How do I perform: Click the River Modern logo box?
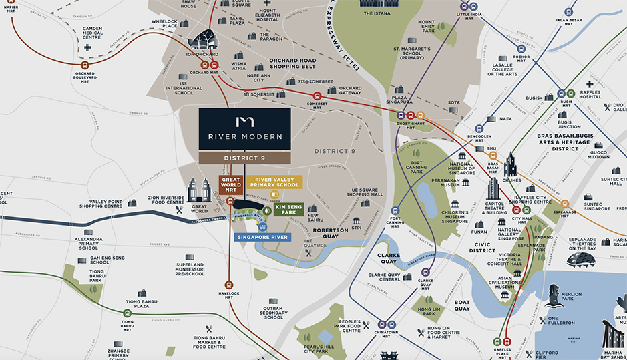point(244,129)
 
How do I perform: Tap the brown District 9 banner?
point(244,158)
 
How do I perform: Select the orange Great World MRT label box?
point(231,184)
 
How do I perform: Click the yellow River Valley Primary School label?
point(274,182)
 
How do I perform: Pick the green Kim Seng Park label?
point(288,210)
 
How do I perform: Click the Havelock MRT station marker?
point(229,283)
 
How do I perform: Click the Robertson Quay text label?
point(331,233)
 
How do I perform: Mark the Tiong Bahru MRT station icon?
point(127,312)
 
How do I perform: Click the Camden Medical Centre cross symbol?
point(87,48)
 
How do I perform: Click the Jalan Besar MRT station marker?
point(569,11)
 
